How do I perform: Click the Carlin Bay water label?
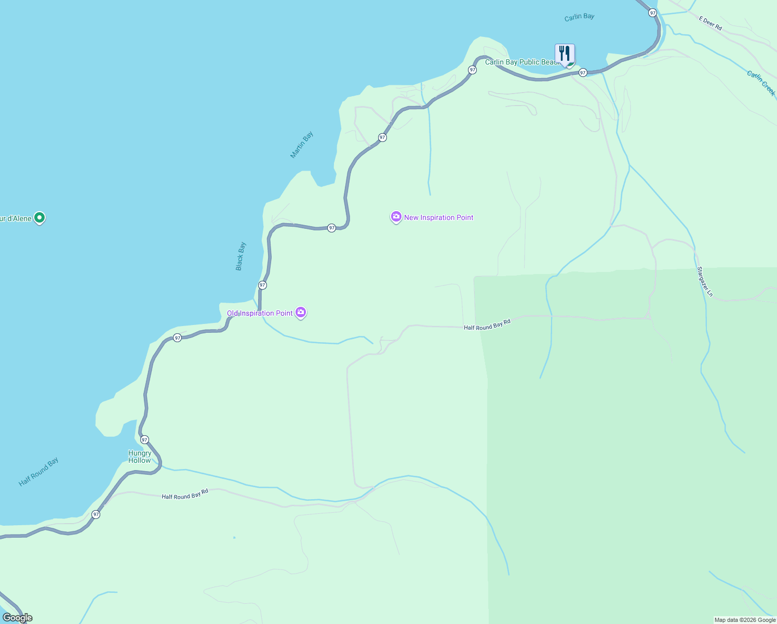click(579, 17)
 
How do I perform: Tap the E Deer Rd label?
click(710, 23)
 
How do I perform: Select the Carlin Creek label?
click(761, 83)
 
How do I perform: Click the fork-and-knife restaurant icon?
click(565, 53)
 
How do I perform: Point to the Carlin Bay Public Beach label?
click(521, 62)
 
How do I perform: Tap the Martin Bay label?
click(302, 145)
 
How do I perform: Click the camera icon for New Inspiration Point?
click(396, 217)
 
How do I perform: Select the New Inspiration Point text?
click(439, 218)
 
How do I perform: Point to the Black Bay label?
click(240, 256)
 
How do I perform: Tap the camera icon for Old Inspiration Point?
click(301, 312)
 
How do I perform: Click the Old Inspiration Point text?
click(260, 313)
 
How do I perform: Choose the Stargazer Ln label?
click(705, 282)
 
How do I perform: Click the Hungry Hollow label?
click(140, 457)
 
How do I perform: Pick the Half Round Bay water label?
click(38, 472)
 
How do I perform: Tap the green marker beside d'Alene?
click(39, 217)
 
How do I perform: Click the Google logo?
click(18, 618)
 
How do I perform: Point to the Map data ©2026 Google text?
click(745, 620)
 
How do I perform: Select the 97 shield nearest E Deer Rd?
click(653, 12)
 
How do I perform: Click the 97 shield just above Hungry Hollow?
click(144, 439)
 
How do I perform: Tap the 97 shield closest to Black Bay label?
click(262, 285)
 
